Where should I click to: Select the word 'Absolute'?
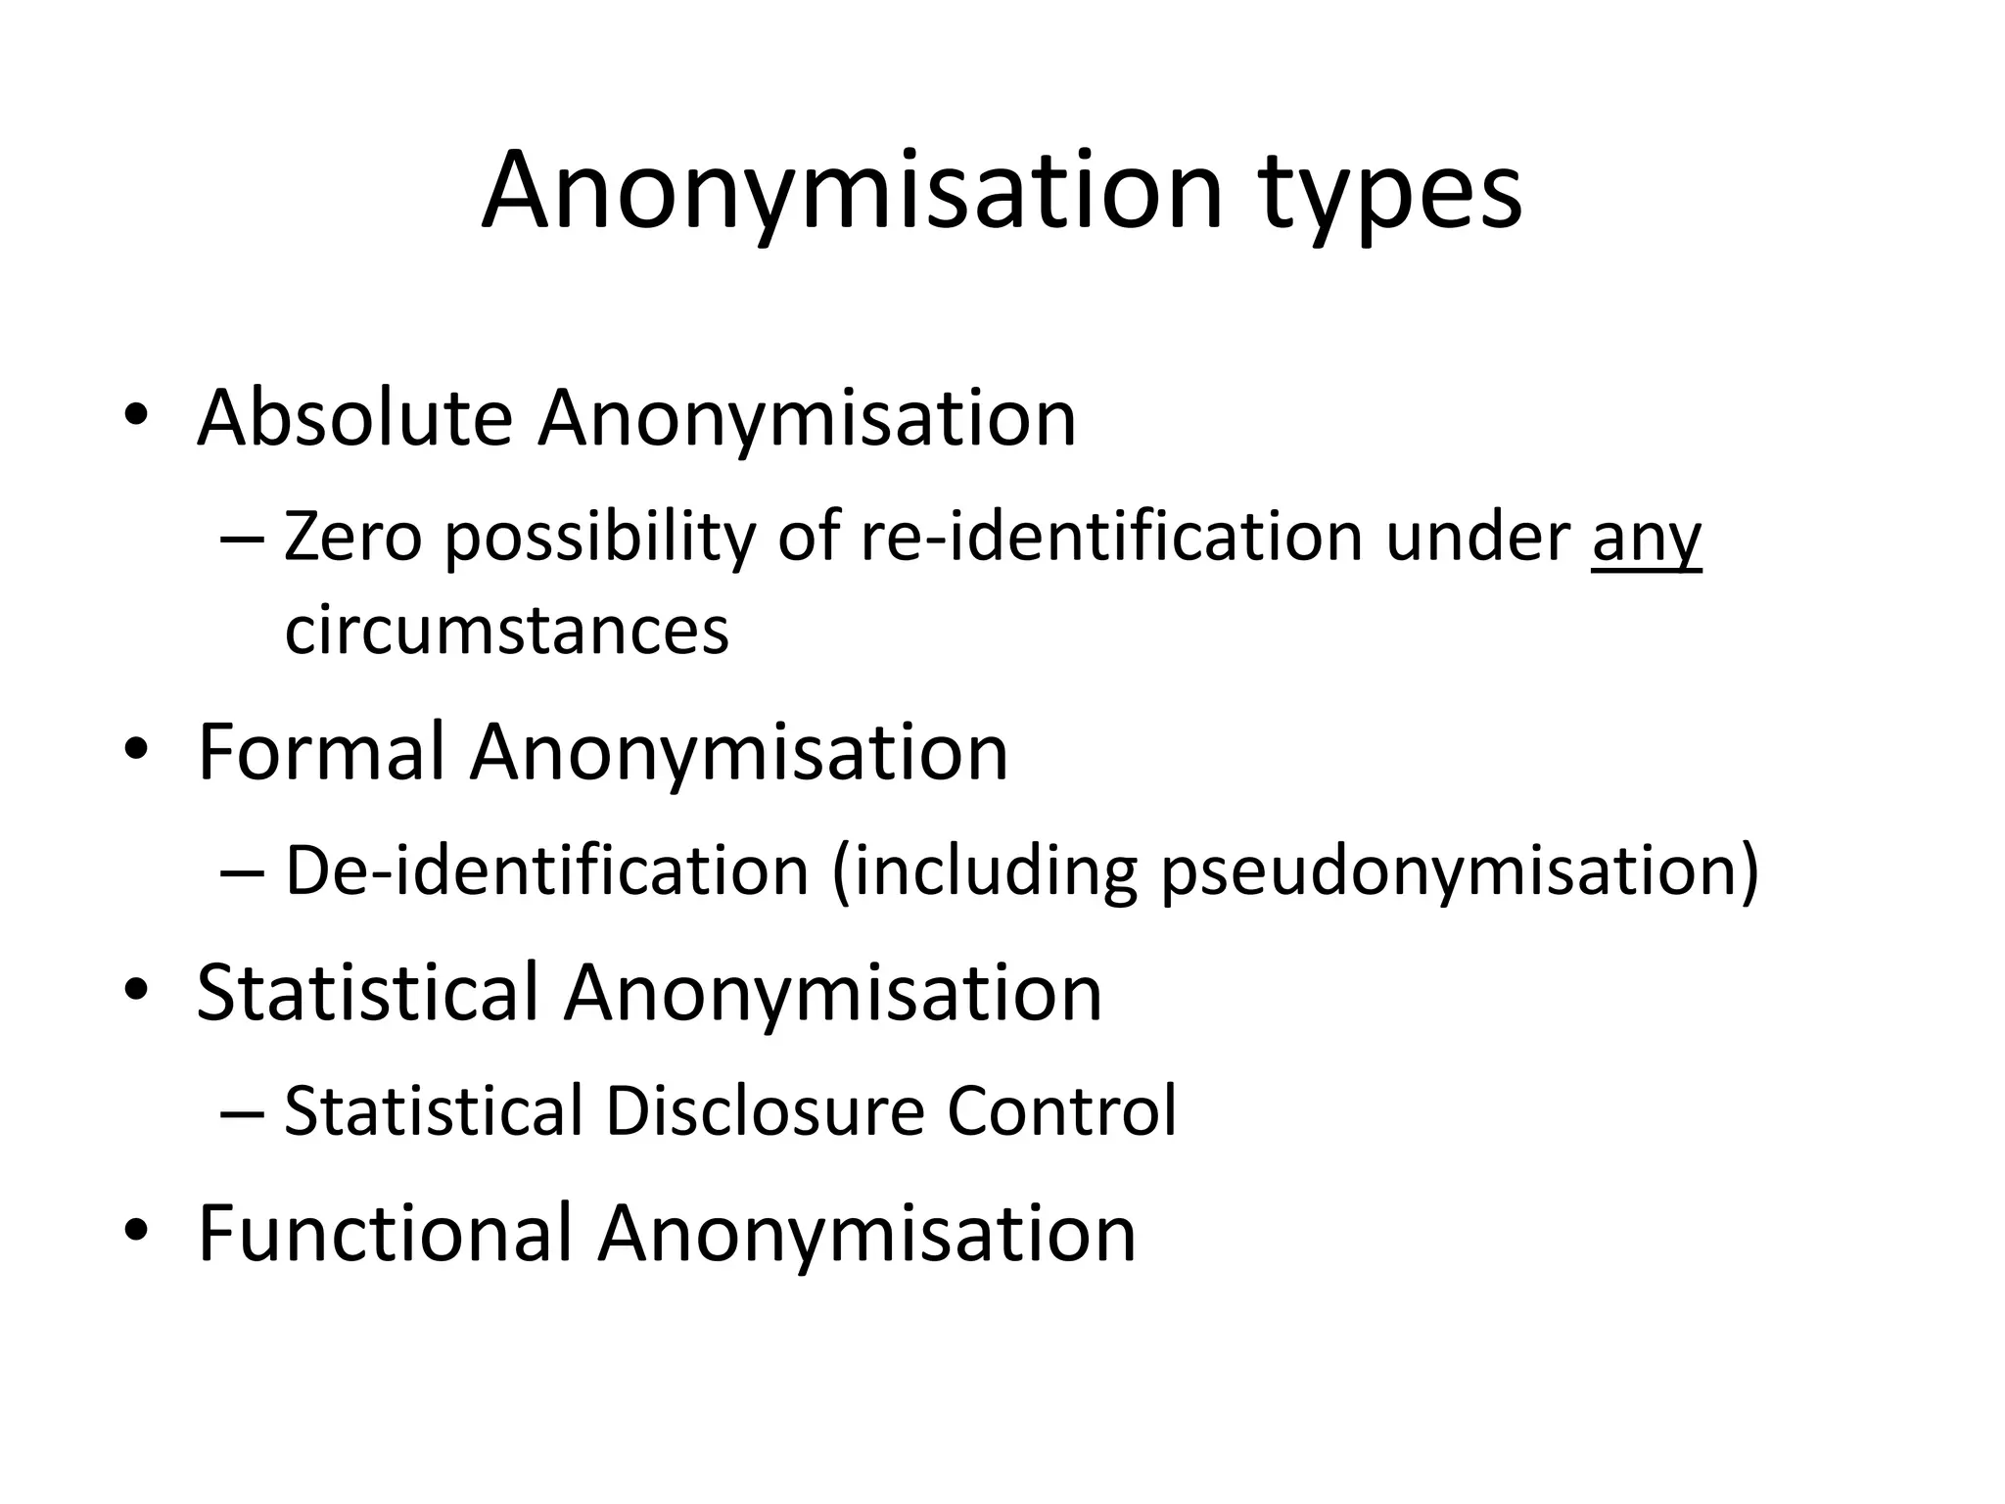(354, 418)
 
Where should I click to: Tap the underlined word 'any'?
(1647, 540)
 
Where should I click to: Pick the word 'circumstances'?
(506, 630)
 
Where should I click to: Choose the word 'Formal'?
(321, 752)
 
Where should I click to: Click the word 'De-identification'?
(546, 870)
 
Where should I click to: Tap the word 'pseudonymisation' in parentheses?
(1449, 872)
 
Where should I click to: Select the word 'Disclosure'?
(765, 1111)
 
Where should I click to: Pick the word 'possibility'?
(599, 540)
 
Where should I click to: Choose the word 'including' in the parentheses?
(994, 872)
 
